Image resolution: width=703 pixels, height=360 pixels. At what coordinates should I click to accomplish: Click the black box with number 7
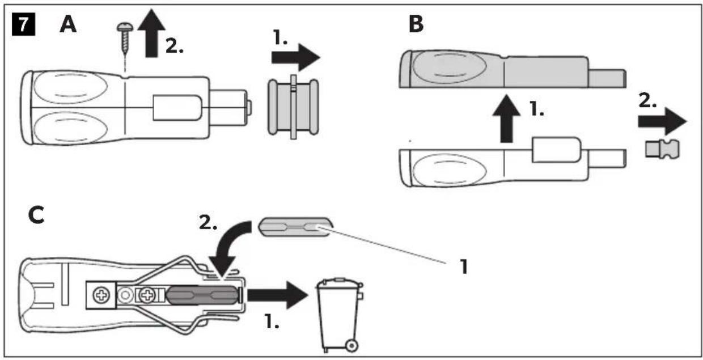pyautogui.click(x=24, y=24)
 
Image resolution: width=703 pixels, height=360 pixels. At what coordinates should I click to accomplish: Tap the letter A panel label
pyautogui.click(x=68, y=24)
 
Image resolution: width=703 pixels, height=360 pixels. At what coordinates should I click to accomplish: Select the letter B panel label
pyautogui.click(x=416, y=24)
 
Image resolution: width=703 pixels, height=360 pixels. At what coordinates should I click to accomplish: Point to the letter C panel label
pyautogui.click(x=36, y=215)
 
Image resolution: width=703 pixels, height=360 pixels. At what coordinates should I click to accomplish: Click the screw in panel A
pyautogui.click(x=125, y=37)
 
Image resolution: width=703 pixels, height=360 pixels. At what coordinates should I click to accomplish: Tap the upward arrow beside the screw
pyautogui.click(x=151, y=33)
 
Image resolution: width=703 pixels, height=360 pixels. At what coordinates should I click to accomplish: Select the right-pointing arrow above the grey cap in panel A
pyautogui.click(x=295, y=57)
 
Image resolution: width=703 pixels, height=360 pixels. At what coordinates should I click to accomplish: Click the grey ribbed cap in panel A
pyautogui.click(x=294, y=107)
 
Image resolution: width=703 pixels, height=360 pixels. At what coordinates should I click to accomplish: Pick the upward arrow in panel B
pyautogui.click(x=506, y=118)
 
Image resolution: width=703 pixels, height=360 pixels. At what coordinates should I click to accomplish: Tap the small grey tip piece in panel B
pyautogui.click(x=662, y=149)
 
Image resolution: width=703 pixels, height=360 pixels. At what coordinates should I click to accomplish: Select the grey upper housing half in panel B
pyautogui.click(x=513, y=69)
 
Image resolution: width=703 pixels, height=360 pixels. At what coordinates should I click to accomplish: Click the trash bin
pyautogui.click(x=340, y=315)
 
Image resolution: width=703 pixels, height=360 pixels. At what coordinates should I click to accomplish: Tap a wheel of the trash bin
pyautogui.click(x=351, y=346)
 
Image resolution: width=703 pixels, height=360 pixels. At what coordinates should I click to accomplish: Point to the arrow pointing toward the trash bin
pyautogui.click(x=277, y=295)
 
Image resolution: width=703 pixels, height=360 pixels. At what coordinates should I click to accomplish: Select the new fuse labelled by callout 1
pyautogui.click(x=295, y=227)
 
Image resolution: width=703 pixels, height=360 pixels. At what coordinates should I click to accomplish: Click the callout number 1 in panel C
pyautogui.click(x=464, y=267)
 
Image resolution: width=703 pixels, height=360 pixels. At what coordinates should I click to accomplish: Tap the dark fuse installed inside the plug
pyautogui.click(x=202, y=295)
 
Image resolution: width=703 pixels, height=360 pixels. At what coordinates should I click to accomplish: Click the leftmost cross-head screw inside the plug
pyautogui.click(x=101, y=295)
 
